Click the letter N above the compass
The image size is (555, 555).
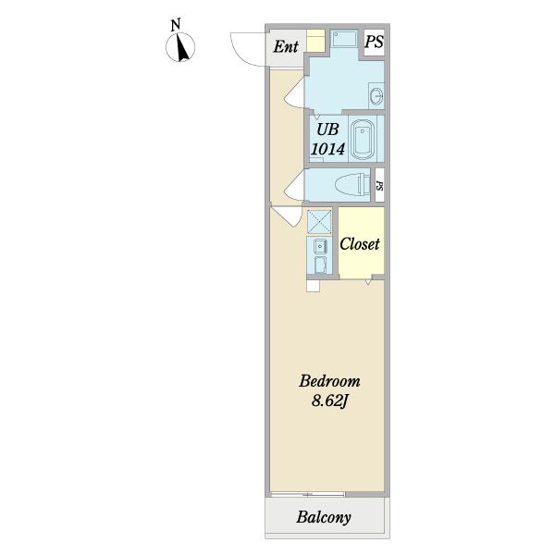[176, 25]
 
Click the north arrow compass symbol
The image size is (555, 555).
[180, 47]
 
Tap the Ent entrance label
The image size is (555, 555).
[286, 46]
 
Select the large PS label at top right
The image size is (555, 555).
[374, 42]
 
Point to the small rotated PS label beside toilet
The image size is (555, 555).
[379, 186]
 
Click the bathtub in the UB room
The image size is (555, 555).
[362, 140]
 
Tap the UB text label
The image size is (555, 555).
[327, 129]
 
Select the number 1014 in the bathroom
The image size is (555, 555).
[327, 149]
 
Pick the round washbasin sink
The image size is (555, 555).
[376, 95]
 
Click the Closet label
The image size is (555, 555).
[360, 244]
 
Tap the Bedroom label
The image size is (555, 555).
[329, 381]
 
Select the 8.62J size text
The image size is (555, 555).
[330, 401]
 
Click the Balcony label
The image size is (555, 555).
[324, 517]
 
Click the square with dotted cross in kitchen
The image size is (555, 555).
[319, 222]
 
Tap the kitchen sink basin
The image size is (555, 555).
[321, 246]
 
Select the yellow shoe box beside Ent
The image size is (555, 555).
[315, 41]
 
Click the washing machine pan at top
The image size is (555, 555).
[344, 39]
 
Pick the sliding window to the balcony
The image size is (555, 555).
[308, 494]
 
